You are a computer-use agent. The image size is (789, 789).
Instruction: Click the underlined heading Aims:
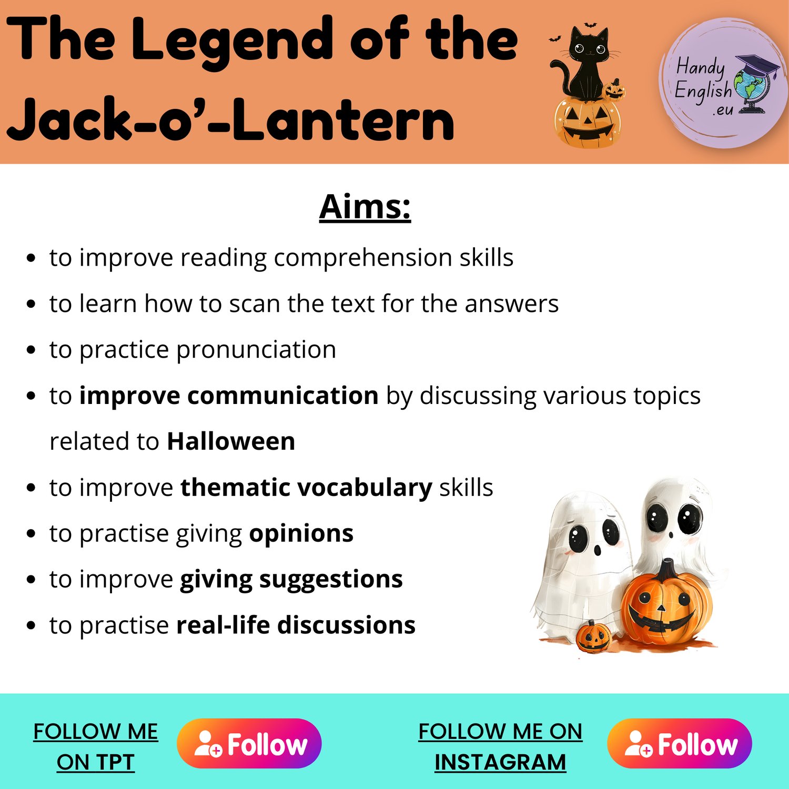[365, 207]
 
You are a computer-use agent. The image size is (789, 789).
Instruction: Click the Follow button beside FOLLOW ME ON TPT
[249, 743]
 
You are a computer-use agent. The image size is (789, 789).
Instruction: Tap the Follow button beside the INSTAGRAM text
[680, 743]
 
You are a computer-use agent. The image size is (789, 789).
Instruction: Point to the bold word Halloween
[231, 441]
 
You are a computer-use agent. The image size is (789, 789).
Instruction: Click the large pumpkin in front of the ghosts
[666, 605]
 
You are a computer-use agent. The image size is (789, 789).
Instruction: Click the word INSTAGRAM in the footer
[500, 762]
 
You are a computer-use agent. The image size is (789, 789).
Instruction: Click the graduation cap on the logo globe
[757, 65]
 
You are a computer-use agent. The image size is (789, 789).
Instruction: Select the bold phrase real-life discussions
[296, 625]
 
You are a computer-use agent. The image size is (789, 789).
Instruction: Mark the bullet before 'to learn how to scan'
[31, 304]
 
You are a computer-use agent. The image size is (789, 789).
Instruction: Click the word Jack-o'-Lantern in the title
[230, 121]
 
